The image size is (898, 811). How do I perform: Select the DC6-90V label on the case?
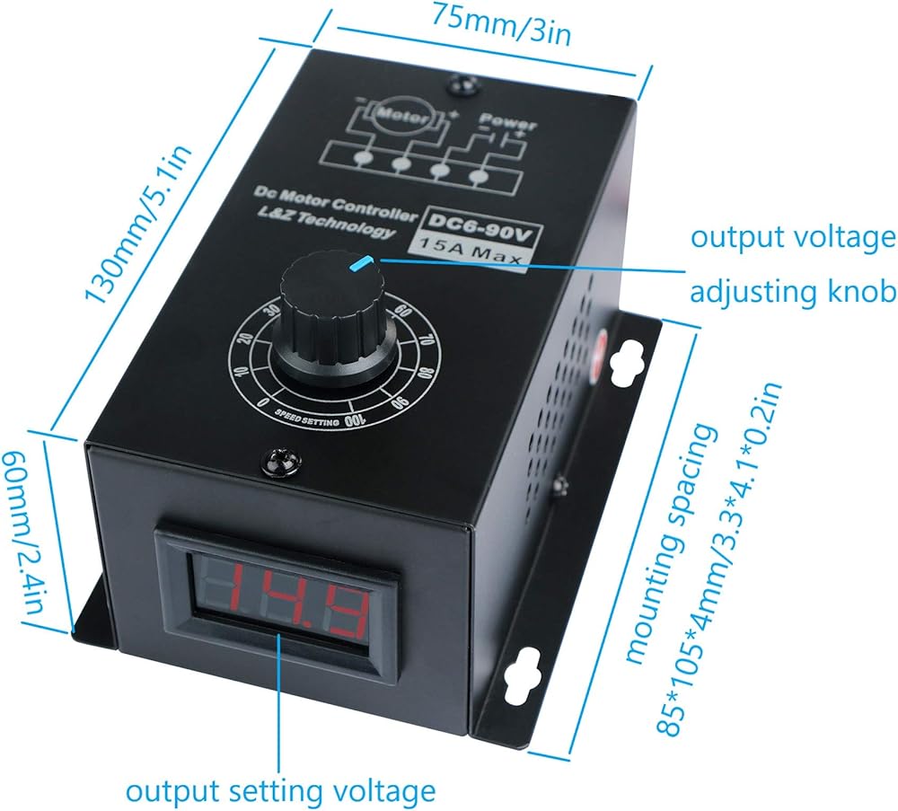(x=473, y=220)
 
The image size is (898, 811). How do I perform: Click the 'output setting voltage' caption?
(x=280, y=791)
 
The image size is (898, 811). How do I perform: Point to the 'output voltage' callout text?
(x=792, y=238)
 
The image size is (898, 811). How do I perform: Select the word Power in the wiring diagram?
(x=507, y=119)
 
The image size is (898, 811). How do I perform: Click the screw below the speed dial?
(x=272, y=463)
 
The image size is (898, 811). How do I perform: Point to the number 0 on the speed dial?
(x=261, y=403)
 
